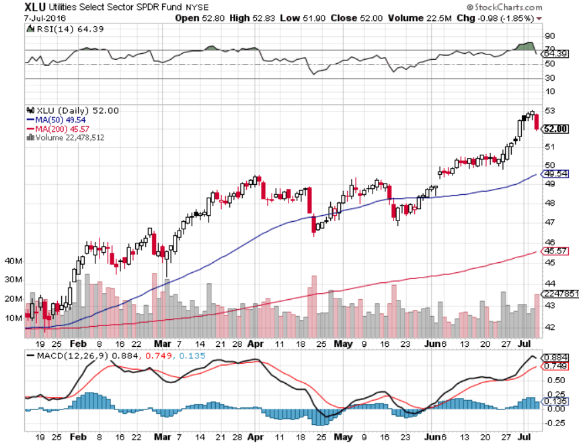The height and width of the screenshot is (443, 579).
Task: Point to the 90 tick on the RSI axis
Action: click(x=549, y=36)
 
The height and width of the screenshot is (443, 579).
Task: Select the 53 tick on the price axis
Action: click(x=549, y=111)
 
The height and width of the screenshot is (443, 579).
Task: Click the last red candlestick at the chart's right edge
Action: click(x=537, y=122)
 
